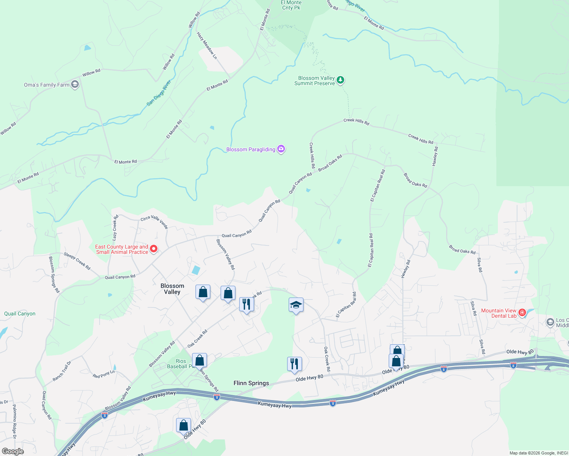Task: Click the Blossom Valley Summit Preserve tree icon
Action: pos(341,80)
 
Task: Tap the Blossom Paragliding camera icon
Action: pos(281,149)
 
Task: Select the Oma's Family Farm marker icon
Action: pos(75,84)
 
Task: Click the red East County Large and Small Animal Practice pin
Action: pos(154,249)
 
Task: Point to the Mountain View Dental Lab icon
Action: pos(522,313)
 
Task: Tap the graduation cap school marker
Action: pos(296,305)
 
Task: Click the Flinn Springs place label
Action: pos(251,383)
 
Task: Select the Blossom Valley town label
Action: pos(172,289)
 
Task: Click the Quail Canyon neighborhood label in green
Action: pos(20,313)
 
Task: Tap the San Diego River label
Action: pos(159,92)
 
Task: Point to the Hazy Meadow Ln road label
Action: pos(207,46)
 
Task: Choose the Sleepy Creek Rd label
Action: pos(77,261)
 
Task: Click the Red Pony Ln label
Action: pos(103,374)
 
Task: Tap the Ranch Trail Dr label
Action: pos(62,371)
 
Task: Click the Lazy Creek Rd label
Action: pos(115,228)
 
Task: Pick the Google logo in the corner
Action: pos(13,451)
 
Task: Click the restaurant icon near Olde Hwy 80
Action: pos(294,364)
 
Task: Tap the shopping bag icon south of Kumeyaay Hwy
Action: pos(183,425)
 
